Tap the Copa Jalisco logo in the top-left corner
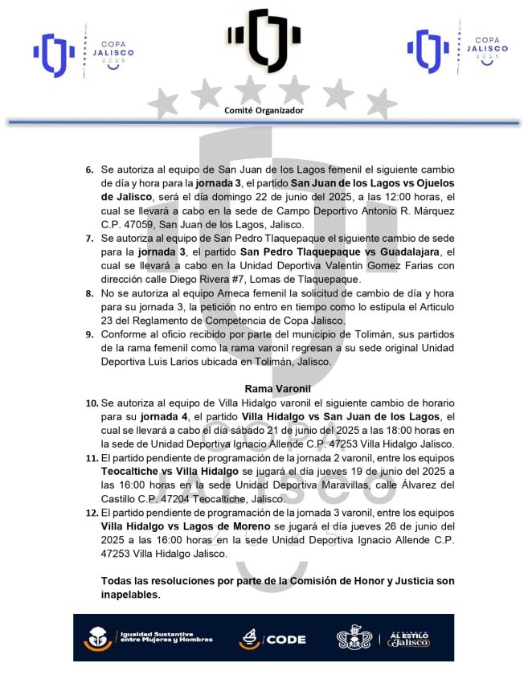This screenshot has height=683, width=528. pyautogui.click(x=83, y=52)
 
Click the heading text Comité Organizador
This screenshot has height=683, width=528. pyautogui.click(x=264, y=110)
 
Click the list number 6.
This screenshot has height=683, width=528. pyautogui.click(x=89, y=171)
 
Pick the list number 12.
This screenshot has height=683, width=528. pyautogui.click(x=90, y=526)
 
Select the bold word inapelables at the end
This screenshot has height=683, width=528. pyautogui.click(x=131, y=595)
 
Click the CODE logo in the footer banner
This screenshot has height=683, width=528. pyautogui.click(x=272, y=639)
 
